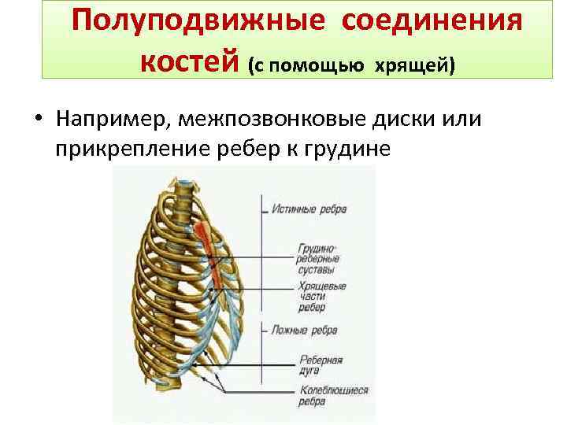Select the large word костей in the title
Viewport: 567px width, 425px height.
pos(190,58)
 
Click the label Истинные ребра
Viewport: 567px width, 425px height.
pos(309,209)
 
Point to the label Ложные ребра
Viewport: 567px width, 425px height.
pos(306,331)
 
